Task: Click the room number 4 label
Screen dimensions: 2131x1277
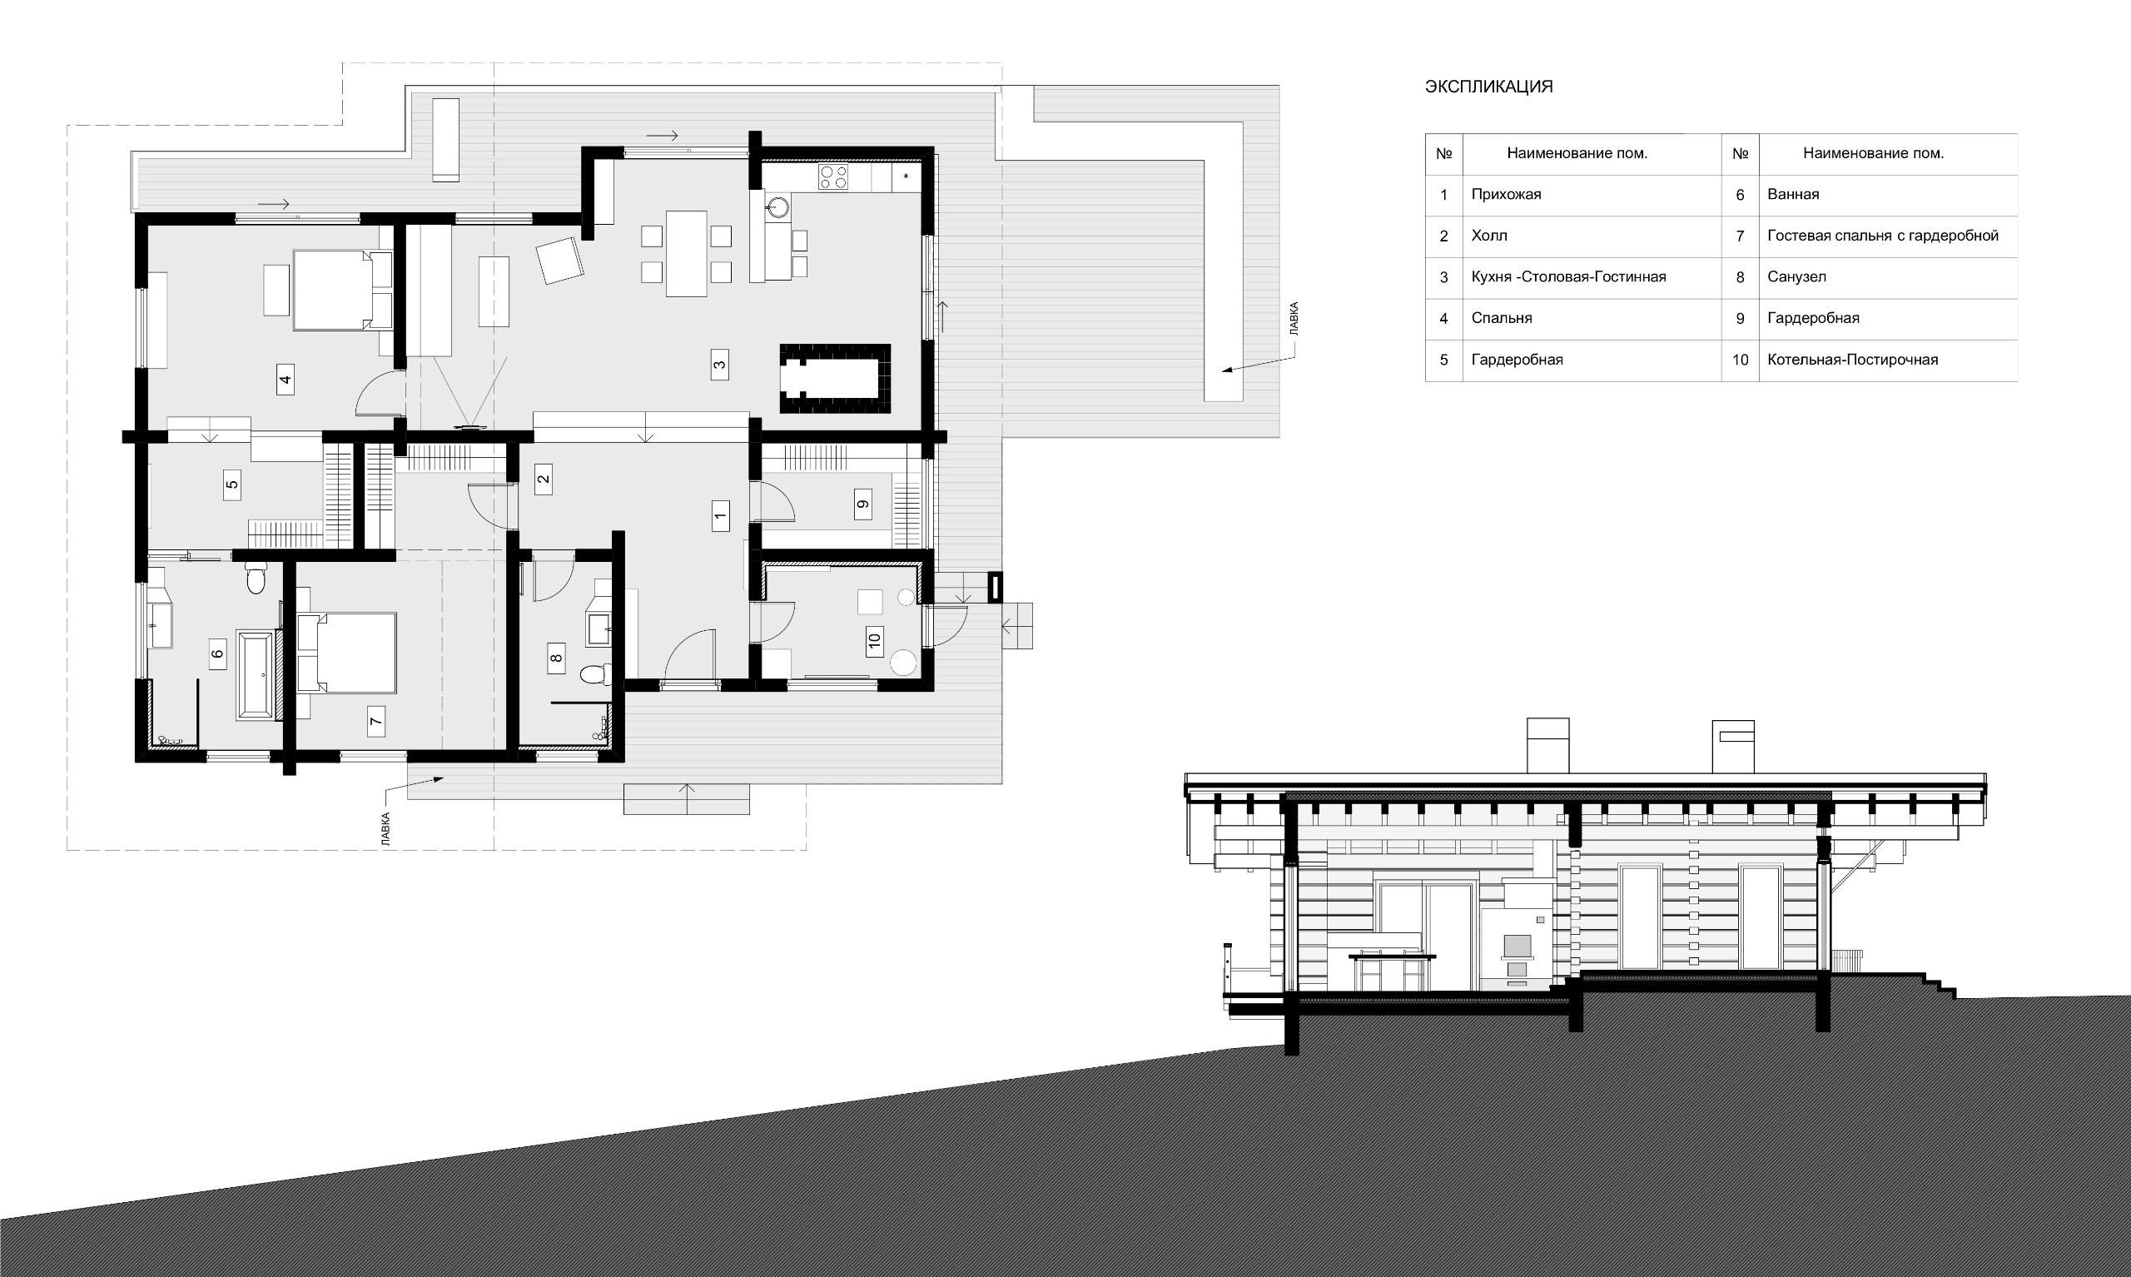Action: point(286,379)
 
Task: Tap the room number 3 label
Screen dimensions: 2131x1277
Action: point(719,364)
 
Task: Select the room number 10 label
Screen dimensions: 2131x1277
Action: point(875,640)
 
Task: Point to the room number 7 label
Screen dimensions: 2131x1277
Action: point(376,721)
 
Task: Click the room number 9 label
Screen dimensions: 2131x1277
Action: point(863,504)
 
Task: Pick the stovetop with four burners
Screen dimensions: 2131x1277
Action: point(832,177)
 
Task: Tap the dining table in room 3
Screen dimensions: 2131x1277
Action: point(687,254)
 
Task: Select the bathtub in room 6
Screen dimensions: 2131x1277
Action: point(256,675)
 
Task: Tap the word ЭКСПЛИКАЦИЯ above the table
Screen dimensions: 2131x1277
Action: point(1489,87)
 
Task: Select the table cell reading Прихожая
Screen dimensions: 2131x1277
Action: point(1507,195)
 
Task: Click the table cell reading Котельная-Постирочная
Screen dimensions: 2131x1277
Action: point(1853,360)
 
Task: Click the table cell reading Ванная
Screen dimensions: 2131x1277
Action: point(1794,195)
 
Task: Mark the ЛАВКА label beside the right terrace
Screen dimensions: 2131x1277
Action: point(1294,318)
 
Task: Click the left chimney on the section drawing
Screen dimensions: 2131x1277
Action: point(1547,745)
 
